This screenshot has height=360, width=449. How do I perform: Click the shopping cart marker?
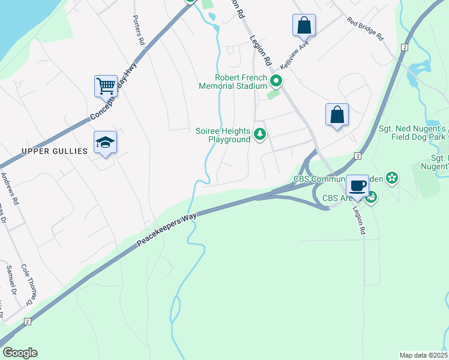click(106, 86)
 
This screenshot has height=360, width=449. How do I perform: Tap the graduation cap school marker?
click(105, 142)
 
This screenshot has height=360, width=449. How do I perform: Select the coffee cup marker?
click(358, 185)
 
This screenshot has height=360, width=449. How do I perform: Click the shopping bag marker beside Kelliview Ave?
click(304, 25)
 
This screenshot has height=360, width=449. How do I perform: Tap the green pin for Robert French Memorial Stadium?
click(276, 81)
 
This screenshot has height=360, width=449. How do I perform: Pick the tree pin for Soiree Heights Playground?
click(260, 134)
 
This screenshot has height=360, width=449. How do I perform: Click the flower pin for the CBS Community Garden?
click(392, 178)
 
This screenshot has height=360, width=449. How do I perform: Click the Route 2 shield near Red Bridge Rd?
click(405, 47)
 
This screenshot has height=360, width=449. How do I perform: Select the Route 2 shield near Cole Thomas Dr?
click(27, 322)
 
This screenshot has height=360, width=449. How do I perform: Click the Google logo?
click(20, 353)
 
